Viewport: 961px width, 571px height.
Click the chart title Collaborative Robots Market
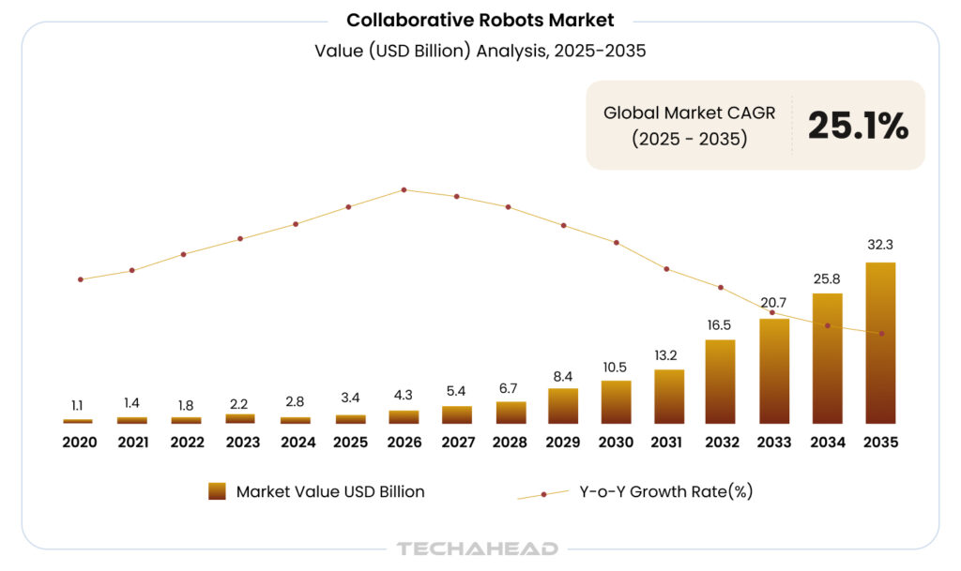coord(480,20)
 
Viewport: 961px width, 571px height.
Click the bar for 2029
coord(563,405)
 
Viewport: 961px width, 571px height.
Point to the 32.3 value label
coord(880,245)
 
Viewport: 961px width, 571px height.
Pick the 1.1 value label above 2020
coord(78,406)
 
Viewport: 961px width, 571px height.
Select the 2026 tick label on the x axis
coord(404,442)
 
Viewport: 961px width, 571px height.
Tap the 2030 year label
coord(617,442)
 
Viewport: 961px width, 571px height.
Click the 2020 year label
coord(80,442)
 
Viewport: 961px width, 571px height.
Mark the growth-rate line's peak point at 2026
coord(404,189)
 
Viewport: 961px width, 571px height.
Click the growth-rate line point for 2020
coord(81,279)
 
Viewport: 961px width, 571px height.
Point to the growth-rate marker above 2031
coord(667,269)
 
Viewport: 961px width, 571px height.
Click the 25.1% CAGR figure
coord(858,126)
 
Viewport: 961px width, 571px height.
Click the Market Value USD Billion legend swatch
coord(217,491)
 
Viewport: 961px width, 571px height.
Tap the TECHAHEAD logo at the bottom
coord(478,548)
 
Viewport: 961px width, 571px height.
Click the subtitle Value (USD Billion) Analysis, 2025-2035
coord(480,52)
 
